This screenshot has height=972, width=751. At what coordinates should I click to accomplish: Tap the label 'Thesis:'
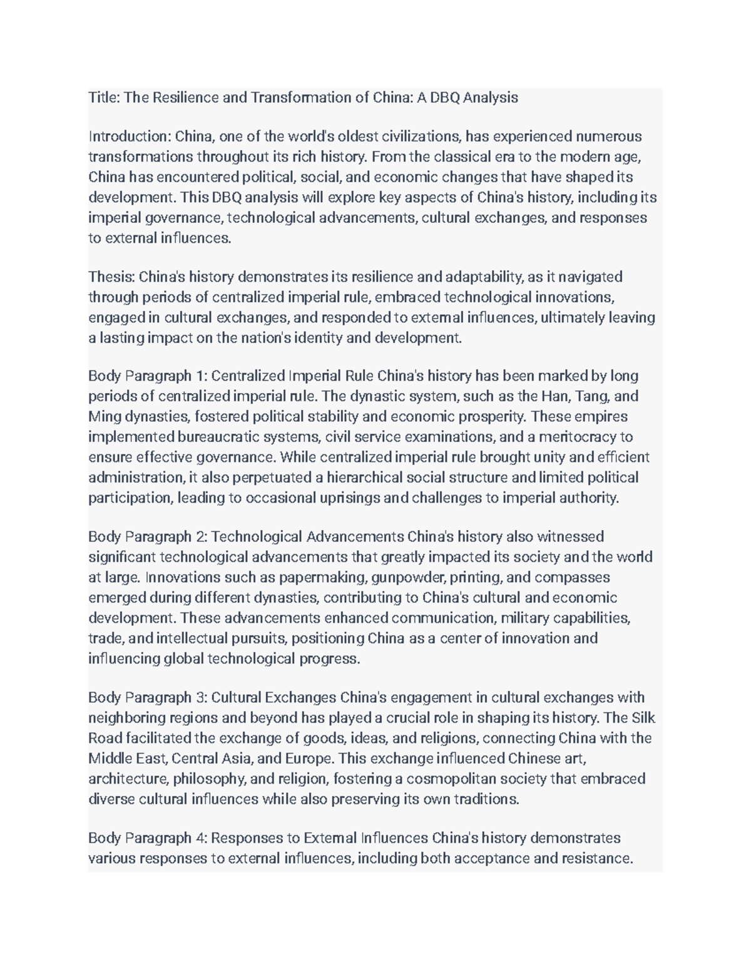pos(111,277)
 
